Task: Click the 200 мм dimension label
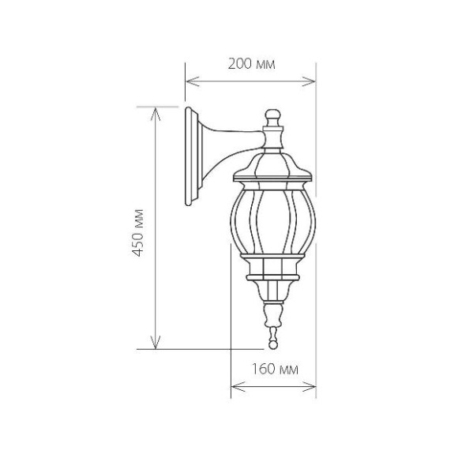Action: pos(250,65)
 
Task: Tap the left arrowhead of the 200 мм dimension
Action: pos(190,80)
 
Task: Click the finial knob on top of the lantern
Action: pos(273,117)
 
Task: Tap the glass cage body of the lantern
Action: pos(273,221)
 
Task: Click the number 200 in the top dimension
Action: pos(239,65)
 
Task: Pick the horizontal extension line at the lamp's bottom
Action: pos(205,348)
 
